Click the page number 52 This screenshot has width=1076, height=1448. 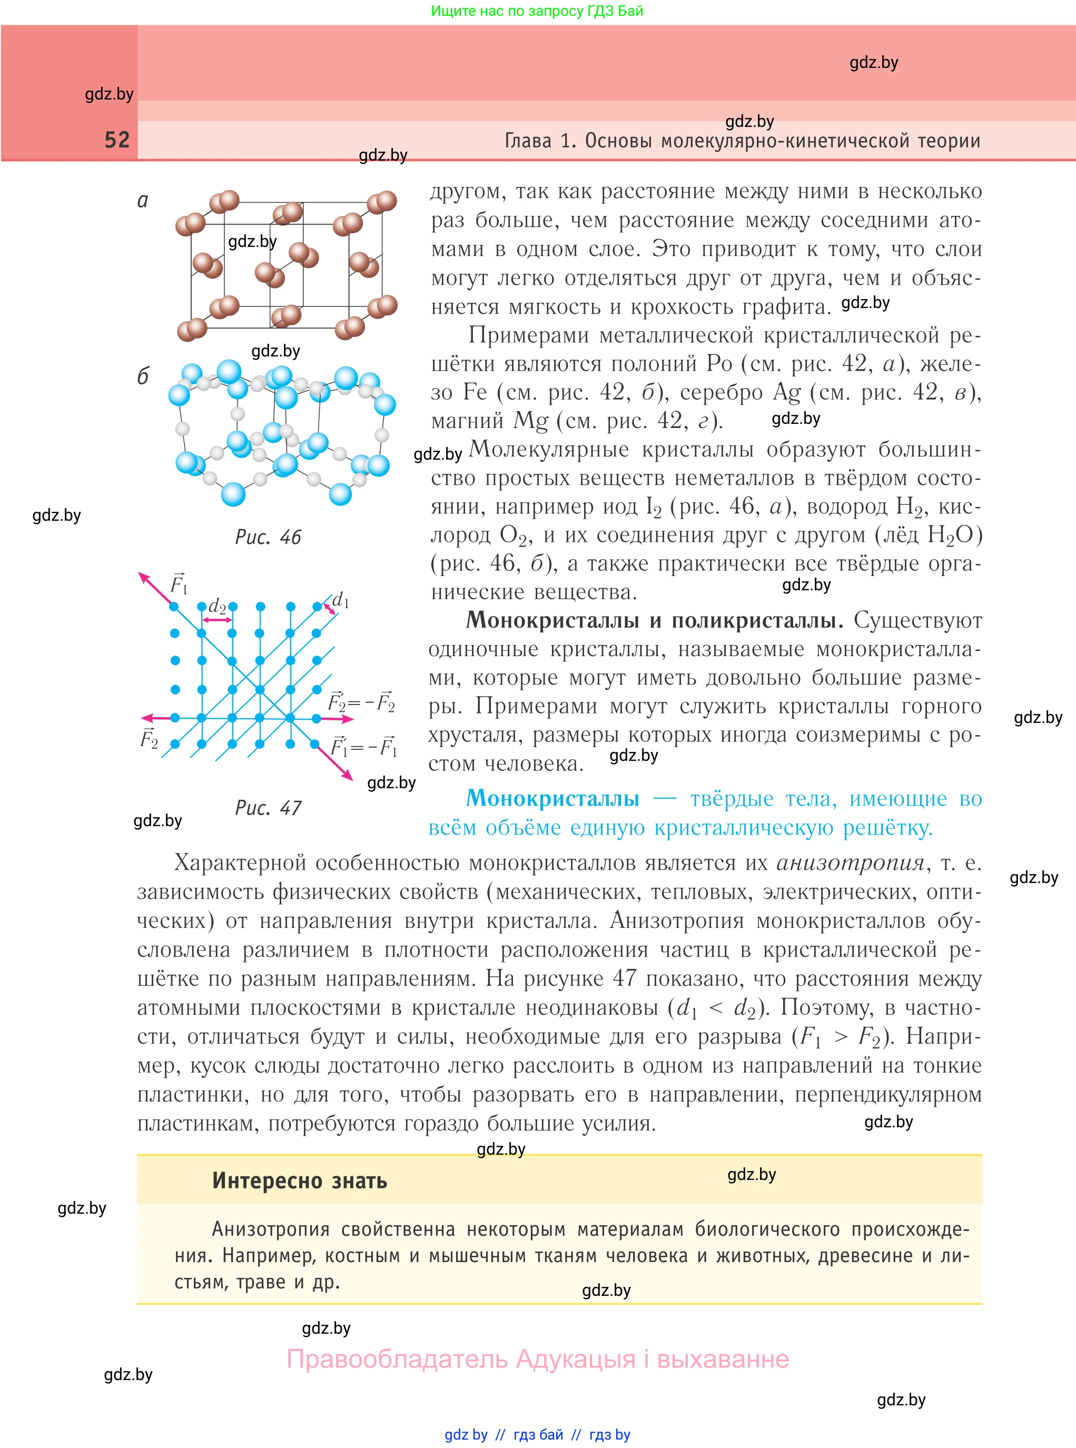coord(117,140)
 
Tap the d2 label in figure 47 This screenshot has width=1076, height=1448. coord(217,607)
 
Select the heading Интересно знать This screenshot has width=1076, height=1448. coord(300,1181)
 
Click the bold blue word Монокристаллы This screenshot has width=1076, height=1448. coord(552,798)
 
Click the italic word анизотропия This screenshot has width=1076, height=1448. coord(850,862)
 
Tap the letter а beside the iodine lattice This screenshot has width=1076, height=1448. coord(143,201)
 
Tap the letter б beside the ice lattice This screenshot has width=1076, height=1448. coord(143,376)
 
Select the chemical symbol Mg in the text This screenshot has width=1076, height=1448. coord(531,421)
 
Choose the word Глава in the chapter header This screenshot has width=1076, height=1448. coord(528,141)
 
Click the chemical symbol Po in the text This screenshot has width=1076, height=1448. coord(719,363)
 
